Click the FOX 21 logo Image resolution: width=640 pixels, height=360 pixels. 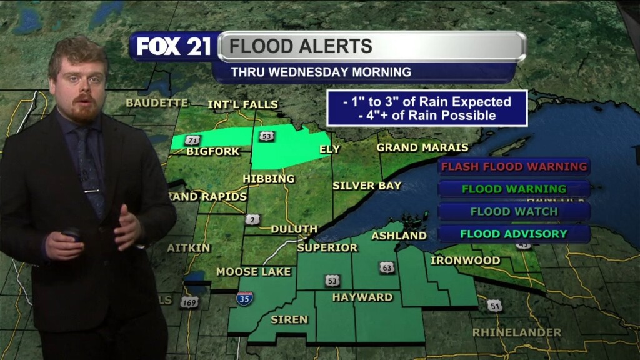pyautogui.click(x=174, y=47)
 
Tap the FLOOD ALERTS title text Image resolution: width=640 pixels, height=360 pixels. pyautogui.click(x=301, y=46)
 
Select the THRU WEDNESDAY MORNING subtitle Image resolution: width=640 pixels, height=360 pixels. pyautogui.click(x=321, y=72)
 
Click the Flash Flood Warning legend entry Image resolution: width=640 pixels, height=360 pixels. pyautogui.click(x=514, y=166)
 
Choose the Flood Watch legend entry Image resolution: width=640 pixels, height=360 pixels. pyautogui.click(x=514, y=211)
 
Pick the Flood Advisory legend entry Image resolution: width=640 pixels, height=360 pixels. pyautogui.click(x=514, y=234)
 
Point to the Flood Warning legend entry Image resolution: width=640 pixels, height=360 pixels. pyautogui.click(x=514, y=189)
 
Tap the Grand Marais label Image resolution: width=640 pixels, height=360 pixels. pyautogui.click(x=422, y=147)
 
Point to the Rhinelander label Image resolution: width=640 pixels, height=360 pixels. pyautogui.click(x=517, y=332)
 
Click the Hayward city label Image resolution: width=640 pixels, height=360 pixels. pyautogui.click(x=362, y=297)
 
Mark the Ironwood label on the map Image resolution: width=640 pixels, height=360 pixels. pyautogui.click(x=465, y=260)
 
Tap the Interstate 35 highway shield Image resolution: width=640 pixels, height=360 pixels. pyautogui.click(x=245, y=298)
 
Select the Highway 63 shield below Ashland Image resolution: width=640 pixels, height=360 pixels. pyautogui.click(x=387, y=267)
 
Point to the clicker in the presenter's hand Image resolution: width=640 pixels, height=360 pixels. pyautogui.click(x=71, y=234)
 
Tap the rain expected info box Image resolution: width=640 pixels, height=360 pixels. pyautogui.click(x=427, y=108)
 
